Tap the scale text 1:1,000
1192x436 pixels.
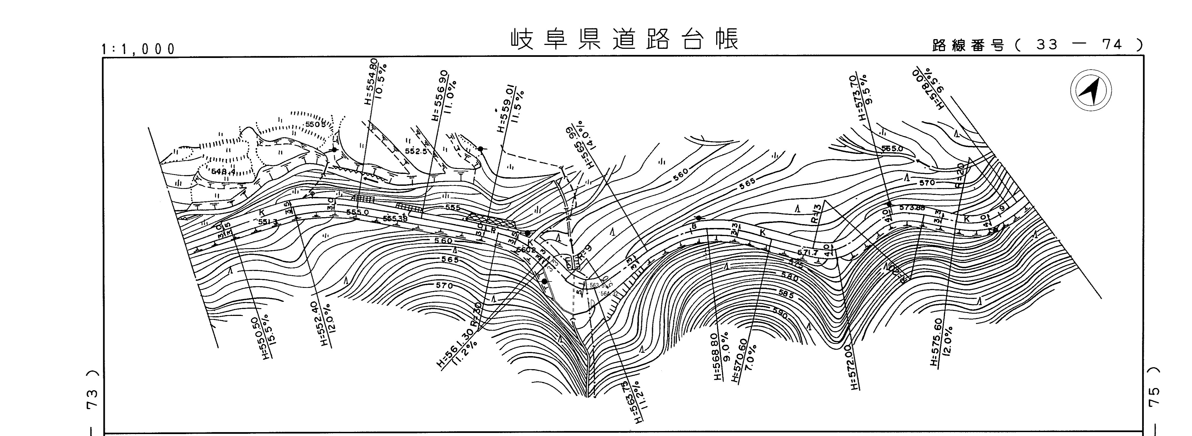point(139,49)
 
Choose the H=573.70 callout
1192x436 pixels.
point(860,97)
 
